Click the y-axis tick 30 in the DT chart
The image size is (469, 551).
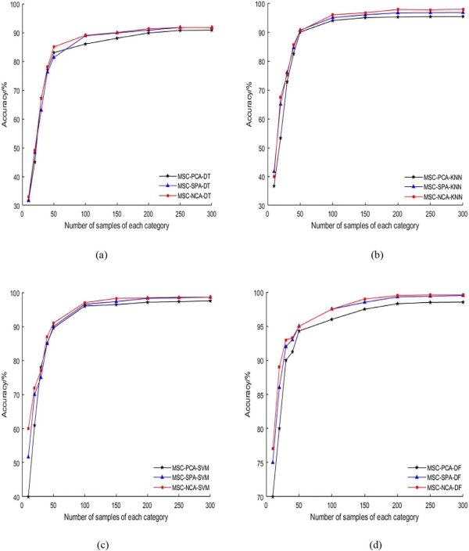click(x=16, y=206)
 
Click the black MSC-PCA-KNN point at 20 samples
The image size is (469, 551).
click(x=281, y=138)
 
